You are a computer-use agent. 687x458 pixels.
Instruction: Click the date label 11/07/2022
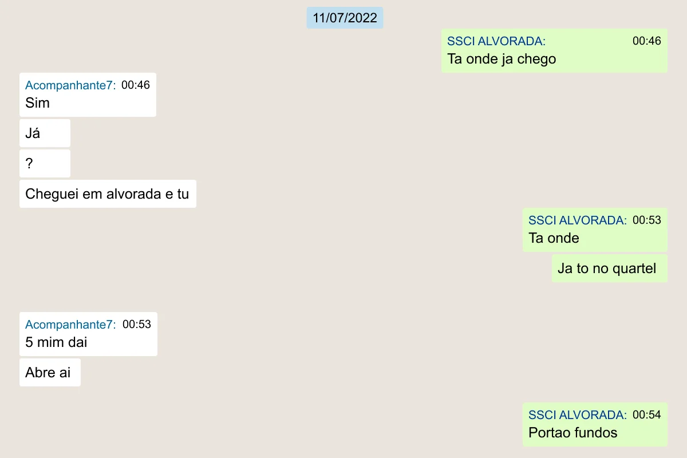point(345,18)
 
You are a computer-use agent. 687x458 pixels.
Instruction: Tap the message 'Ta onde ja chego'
point(502,59)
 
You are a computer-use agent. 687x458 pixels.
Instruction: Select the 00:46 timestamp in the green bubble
point(646,41)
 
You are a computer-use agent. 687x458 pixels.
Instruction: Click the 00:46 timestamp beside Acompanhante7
point(136,85)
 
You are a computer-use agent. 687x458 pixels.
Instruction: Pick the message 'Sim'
point(37,103)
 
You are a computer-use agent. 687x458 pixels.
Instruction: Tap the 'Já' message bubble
point(45,133)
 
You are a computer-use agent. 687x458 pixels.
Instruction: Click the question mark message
point(45,163)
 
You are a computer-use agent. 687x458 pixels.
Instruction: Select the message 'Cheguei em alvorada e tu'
point(107,194)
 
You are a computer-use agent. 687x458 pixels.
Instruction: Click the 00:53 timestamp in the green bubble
point(646,220)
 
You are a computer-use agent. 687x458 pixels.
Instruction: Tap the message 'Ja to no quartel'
point(607,268)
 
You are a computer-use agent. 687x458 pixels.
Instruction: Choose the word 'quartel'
point(634,268)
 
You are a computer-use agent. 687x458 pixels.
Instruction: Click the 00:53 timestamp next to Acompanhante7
point(137,324)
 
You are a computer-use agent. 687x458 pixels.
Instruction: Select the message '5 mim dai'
point(56,342)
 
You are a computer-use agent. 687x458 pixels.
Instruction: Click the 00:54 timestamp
point(646,414)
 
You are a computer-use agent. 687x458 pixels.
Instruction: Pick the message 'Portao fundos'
point(572,433)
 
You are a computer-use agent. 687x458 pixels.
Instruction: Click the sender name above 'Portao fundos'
point(578,415)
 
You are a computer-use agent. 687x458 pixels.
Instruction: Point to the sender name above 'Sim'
point(70,85)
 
